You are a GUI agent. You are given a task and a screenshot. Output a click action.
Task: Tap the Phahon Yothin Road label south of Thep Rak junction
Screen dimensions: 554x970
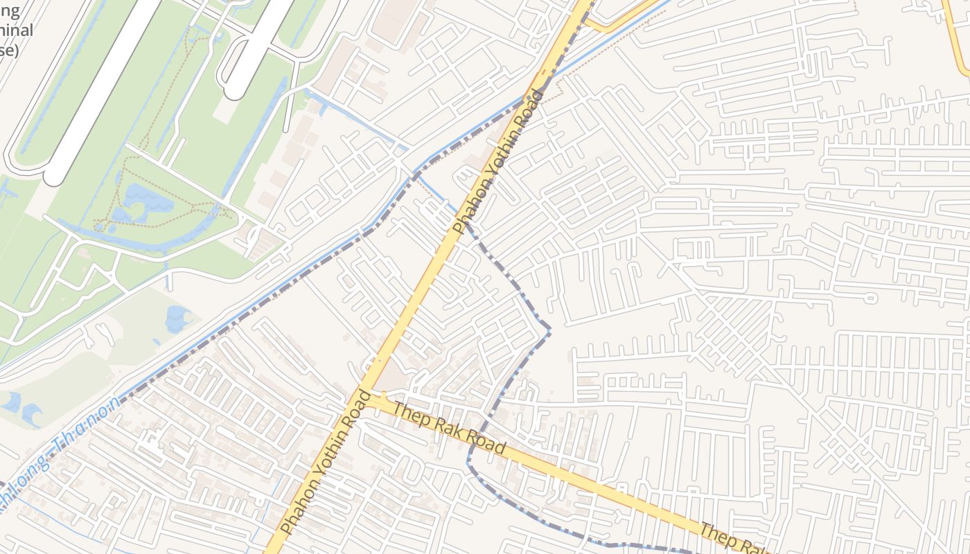(x=324, y=461)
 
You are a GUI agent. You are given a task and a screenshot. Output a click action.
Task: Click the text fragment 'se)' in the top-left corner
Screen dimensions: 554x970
(x=8, y=50)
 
